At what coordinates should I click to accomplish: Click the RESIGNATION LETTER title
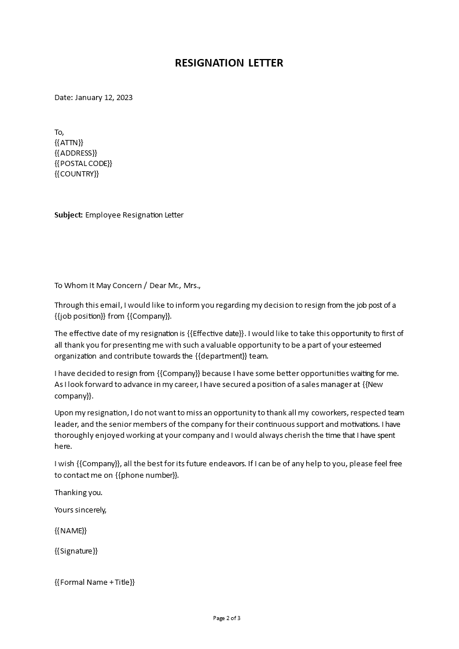229,63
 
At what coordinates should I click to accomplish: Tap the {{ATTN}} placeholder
69,142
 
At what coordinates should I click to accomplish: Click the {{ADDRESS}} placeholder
75,153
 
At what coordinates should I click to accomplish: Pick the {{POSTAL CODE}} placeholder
83,163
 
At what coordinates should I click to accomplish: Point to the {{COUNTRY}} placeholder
77,174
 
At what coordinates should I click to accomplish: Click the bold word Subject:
68,215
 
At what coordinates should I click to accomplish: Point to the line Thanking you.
78,492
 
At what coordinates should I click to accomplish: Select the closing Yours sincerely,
80,510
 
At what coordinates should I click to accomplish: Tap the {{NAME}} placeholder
71,530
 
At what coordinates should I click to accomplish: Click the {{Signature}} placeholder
76,551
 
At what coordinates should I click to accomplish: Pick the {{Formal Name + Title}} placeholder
94,582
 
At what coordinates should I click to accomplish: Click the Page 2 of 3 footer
227,618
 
